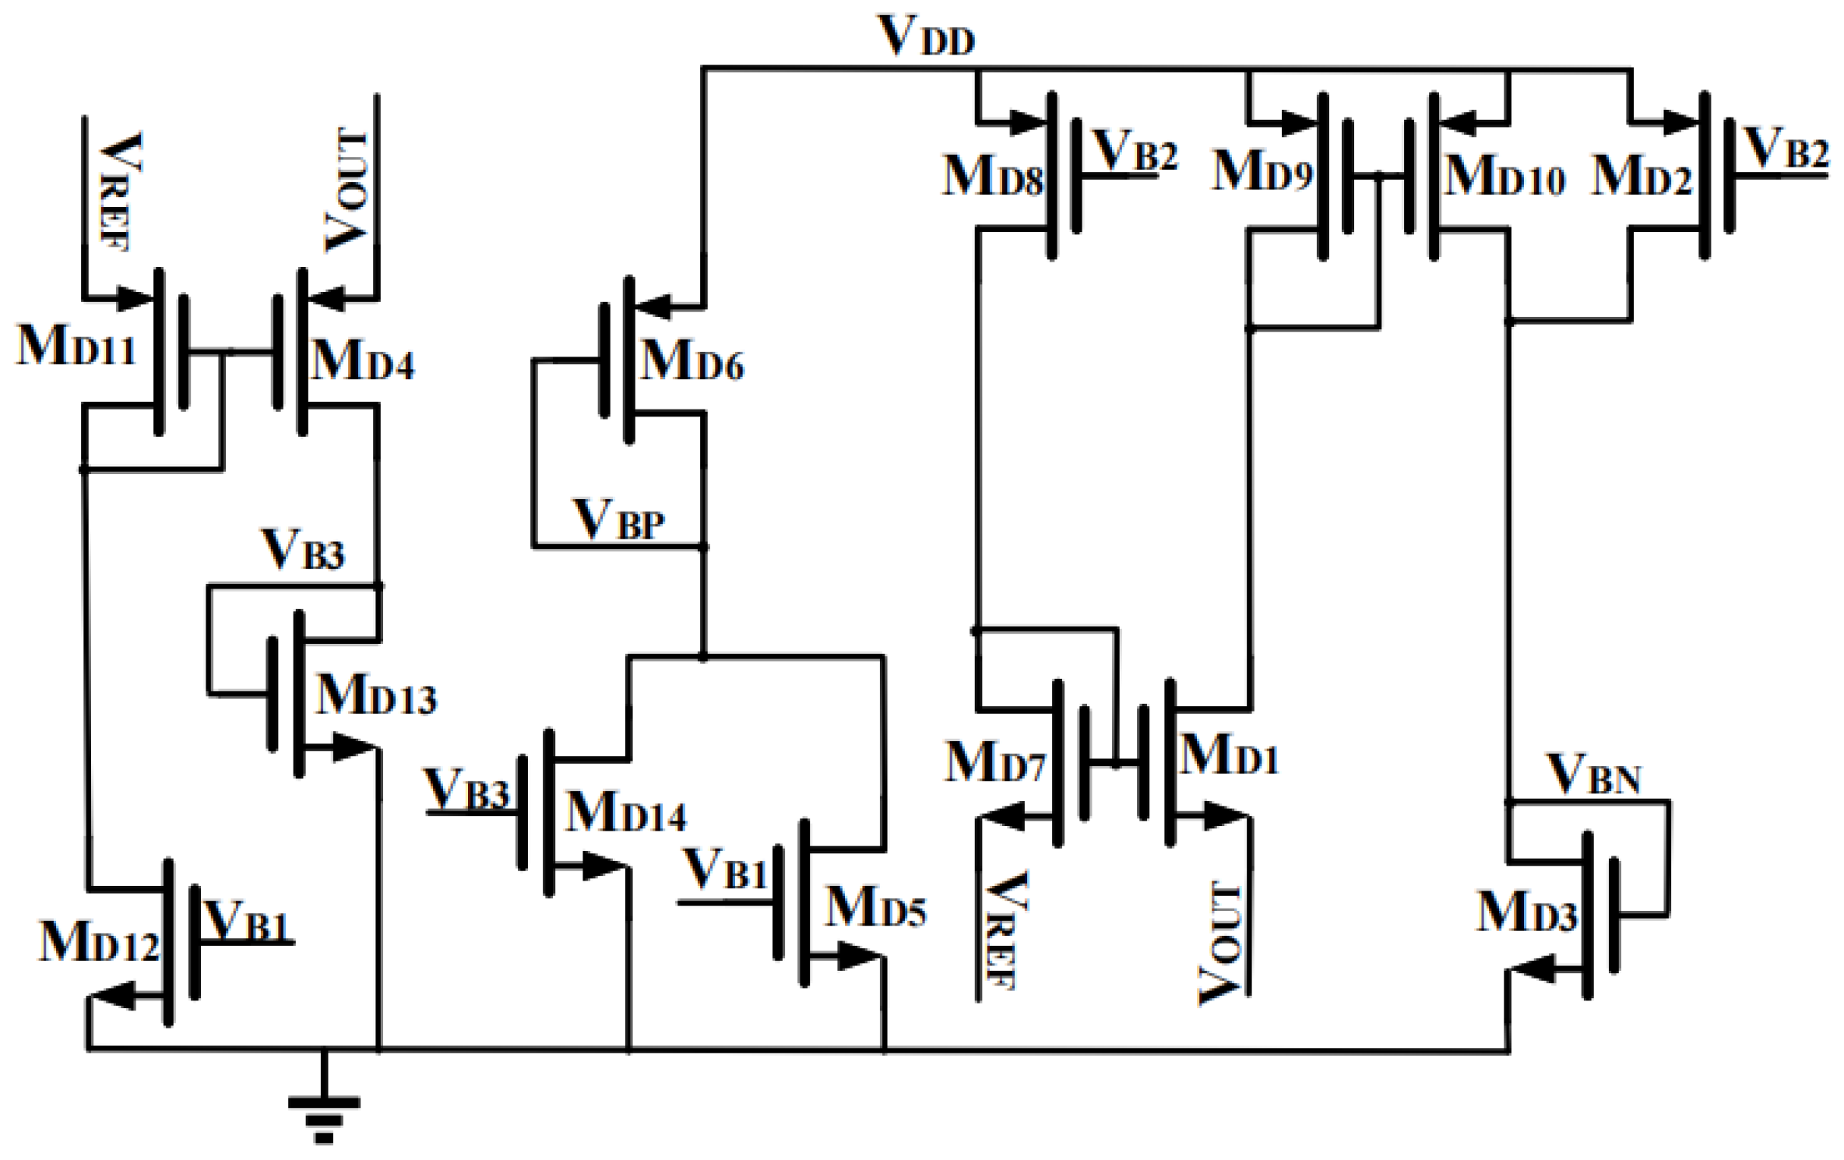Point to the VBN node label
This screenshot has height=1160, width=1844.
1595,775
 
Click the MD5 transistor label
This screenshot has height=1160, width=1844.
874,908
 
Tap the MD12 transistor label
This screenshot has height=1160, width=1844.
99,942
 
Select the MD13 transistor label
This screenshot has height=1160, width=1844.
376,694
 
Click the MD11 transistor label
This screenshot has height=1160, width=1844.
76,346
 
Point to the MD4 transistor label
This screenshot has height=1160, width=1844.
362,360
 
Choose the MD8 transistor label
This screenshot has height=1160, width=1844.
992,176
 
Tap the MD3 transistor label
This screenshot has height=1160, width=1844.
1526,912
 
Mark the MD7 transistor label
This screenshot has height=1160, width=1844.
994,762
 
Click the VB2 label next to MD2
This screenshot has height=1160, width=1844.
1786,148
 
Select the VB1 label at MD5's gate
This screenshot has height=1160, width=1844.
724,869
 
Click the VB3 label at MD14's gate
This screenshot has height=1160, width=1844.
466,789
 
